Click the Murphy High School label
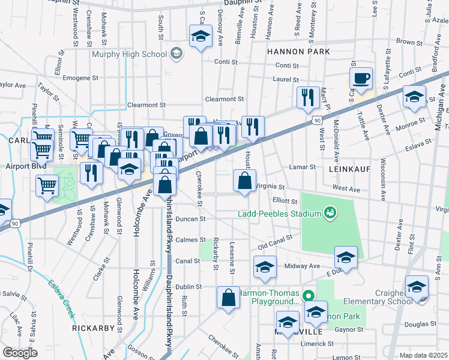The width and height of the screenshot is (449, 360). pos(129,55)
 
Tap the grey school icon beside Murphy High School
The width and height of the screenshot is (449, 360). pos(176,54)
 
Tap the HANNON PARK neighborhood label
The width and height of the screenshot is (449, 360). pos(298,52)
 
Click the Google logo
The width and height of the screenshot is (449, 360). pos(20,353)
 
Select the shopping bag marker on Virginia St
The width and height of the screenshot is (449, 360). pos(244,181)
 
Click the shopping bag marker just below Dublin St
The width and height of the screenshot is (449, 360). pos(229,298)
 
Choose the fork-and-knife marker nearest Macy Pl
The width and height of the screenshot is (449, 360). pos(308,98)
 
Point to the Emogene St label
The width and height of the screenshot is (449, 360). pos(76,78)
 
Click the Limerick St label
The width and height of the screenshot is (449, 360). pos(317,344)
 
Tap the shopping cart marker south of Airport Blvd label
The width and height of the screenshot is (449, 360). pos(47,185)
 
